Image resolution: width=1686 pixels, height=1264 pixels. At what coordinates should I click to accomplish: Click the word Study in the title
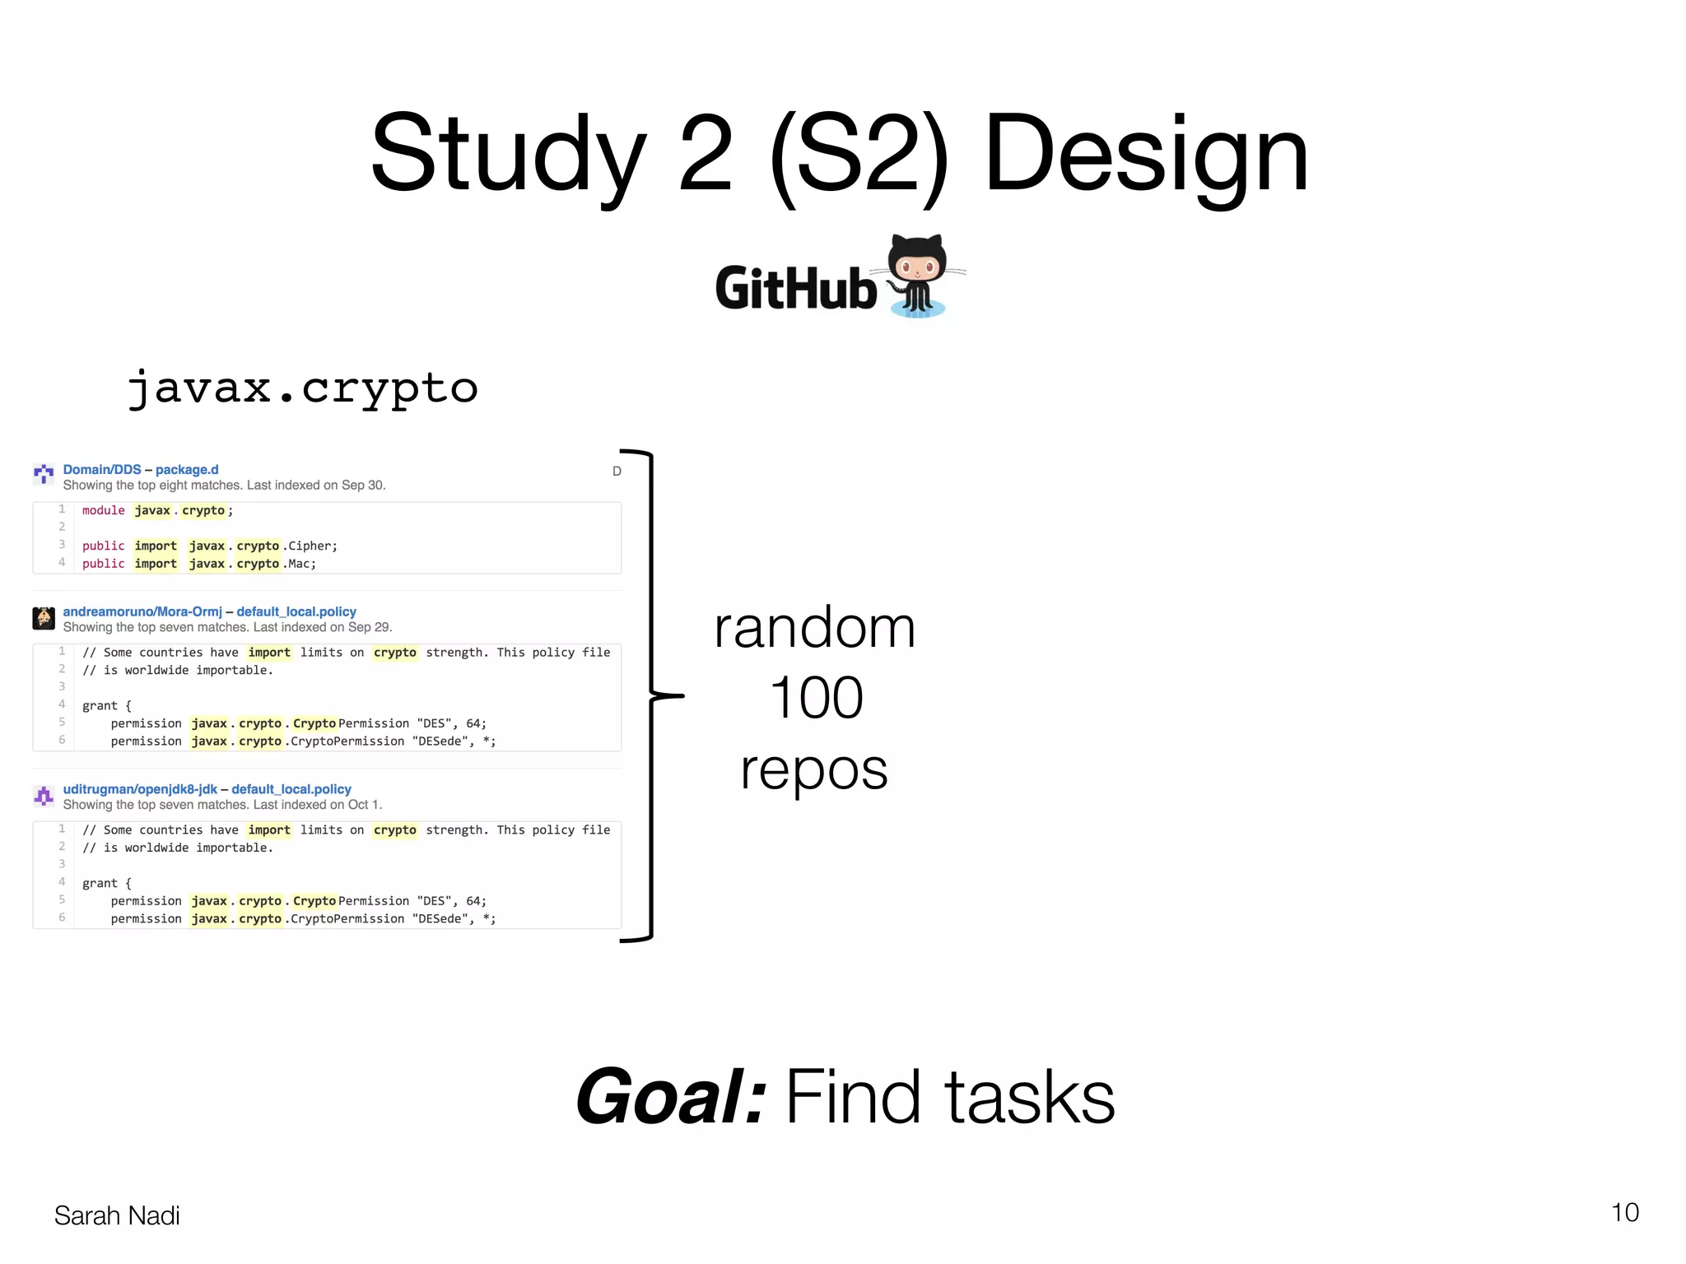pyautogui.click(x=509, y=156)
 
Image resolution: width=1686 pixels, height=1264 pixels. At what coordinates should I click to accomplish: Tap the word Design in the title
pyautogui.click(x=1145, y=156)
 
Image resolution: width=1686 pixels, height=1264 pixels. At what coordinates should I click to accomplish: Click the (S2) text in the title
pyautogui.click(x=858, y=156)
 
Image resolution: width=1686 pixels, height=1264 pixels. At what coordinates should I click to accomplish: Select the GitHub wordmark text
pyautogui.click(x=795, y=289)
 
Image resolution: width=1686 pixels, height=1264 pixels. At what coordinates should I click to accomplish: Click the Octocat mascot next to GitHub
pyautogui.click(x=920, y=276)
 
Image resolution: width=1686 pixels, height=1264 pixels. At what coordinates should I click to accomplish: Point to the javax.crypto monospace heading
pyautogui.click(x=303, y=388)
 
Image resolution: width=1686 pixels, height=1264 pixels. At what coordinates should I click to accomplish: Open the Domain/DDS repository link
pyautogui.click(x=102, y=470)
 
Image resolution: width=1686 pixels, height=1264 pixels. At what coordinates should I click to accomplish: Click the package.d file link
pyautogui.click(x=187, y=470)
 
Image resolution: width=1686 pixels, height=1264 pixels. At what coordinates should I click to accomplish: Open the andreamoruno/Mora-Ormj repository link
pyautogui.click(x=142, y=611)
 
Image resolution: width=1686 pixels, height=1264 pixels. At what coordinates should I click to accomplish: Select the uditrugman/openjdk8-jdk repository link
pyautogui.click(x=140, y=789)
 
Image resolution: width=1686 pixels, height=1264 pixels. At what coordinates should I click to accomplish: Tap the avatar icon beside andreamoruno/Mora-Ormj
pyautogui.click(x=44, y=618)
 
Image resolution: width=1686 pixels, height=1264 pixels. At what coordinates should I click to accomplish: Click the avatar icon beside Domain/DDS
pyautogui.click(x=44, y=473)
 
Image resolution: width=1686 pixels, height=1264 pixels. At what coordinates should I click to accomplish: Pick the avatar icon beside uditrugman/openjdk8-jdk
pyautogui.click(x=44, y=796)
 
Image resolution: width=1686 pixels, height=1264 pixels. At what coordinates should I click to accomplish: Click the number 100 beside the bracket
pyautogui.click(x=816, y=698)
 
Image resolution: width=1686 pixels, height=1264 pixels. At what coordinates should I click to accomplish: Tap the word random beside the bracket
pyautogui.click(x=814, y=628)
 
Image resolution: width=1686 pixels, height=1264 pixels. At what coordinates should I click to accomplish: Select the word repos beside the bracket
pyautogui.click(x=814, y=770)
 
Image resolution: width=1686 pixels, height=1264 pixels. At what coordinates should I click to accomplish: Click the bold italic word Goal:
pyautogui.click(x=671, y=1097)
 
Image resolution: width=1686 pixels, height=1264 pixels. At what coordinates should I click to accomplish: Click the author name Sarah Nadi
pyautogui.click(x=117, y=1215)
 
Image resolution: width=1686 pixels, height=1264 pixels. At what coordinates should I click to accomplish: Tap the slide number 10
pyautogui.click(x=1624, y=1212)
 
